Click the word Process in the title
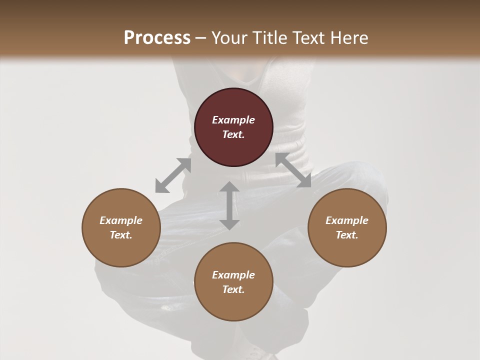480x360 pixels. pyautogui.click(x=157, y=38)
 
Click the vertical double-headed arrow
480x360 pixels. pyautogui.click(x=229, y=205)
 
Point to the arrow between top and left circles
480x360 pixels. pyautogui.click(x=173, y=175)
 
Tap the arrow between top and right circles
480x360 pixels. pyautogui.click(x=293, y=170)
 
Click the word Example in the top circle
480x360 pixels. pyautogui.click(x=233, y=120)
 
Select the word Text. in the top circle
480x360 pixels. pyautogui.click(x=233, y=134)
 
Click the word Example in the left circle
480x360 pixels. pyautogui.click(x=121, y=220)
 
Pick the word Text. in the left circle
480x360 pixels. pyautogui.click(x=121, y=235)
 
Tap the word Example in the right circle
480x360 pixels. pyautogui.click(x=347, y=220)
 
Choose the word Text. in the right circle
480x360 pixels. pyautogui.click(x=347, y=235)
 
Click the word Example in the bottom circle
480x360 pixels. pyautogui.click(x=233, y=275)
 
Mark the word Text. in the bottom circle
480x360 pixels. pyautogui.click(x=233, y=289)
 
